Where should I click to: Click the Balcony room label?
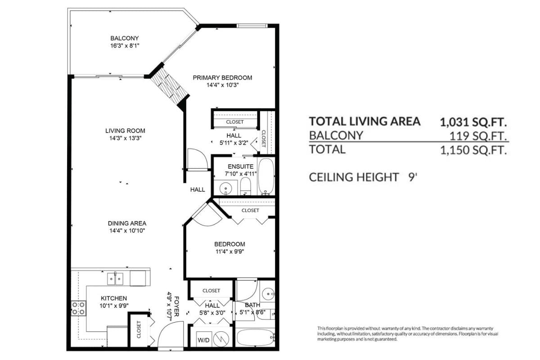click(x=125, y=38)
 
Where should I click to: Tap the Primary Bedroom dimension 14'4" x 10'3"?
click(x=222, y=85)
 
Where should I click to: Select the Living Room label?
click(x=126, y=130)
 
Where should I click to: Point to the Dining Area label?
click(x=127, y=223)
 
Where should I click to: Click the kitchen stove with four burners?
click(x=79, y=308)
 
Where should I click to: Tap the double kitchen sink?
click(x=115, y=279)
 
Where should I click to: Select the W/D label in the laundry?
click(x=204, y=340)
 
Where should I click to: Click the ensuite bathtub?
click(x=266, y=176)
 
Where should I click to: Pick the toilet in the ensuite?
click(x=246, y=186)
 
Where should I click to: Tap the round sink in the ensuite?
click(x=225, y=188)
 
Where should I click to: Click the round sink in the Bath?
click(x=268, y=294)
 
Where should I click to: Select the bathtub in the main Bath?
click(x=256, y=337)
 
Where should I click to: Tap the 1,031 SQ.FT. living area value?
click(x=473, y=122)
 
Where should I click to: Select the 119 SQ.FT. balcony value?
click(x=478, y=136)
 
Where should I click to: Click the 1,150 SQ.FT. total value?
click(x=473, y=150)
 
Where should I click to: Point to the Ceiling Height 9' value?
click(x=413, y=177)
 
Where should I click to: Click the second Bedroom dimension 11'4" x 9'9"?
click(x=230, y=252)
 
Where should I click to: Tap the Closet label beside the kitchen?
click(x=139, y=329)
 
